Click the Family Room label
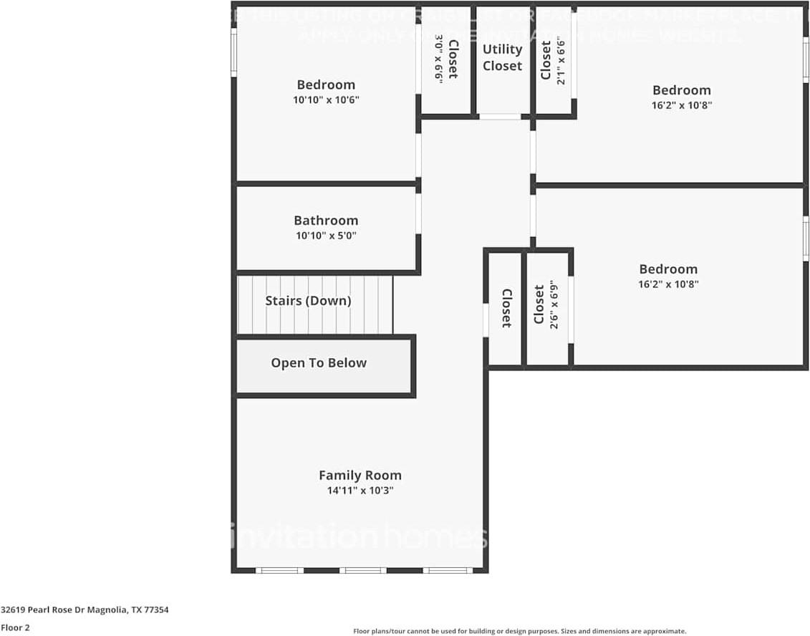tap(360, 475)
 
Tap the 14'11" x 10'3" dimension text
tap(360, 491)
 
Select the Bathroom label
tap(326, 220)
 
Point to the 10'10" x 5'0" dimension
tap(326, 235)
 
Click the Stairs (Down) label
tap(308, 301)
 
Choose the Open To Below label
tap(319, 363)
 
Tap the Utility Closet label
tap(502, 57)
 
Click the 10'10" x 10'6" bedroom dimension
tap(326, 100)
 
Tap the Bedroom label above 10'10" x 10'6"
tap(326, 85)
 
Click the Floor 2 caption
tap(15, 627)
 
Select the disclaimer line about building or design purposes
tap(520, 631)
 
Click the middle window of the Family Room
tap(363, 570)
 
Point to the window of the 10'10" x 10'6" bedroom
tap(233, 52)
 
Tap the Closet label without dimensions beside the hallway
tap(506, 308)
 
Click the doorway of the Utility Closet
tap(500, 116)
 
